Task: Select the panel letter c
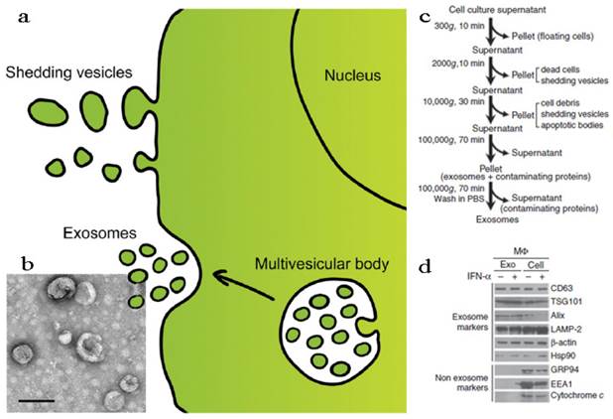pyautogui.click(x=425, y=17)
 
